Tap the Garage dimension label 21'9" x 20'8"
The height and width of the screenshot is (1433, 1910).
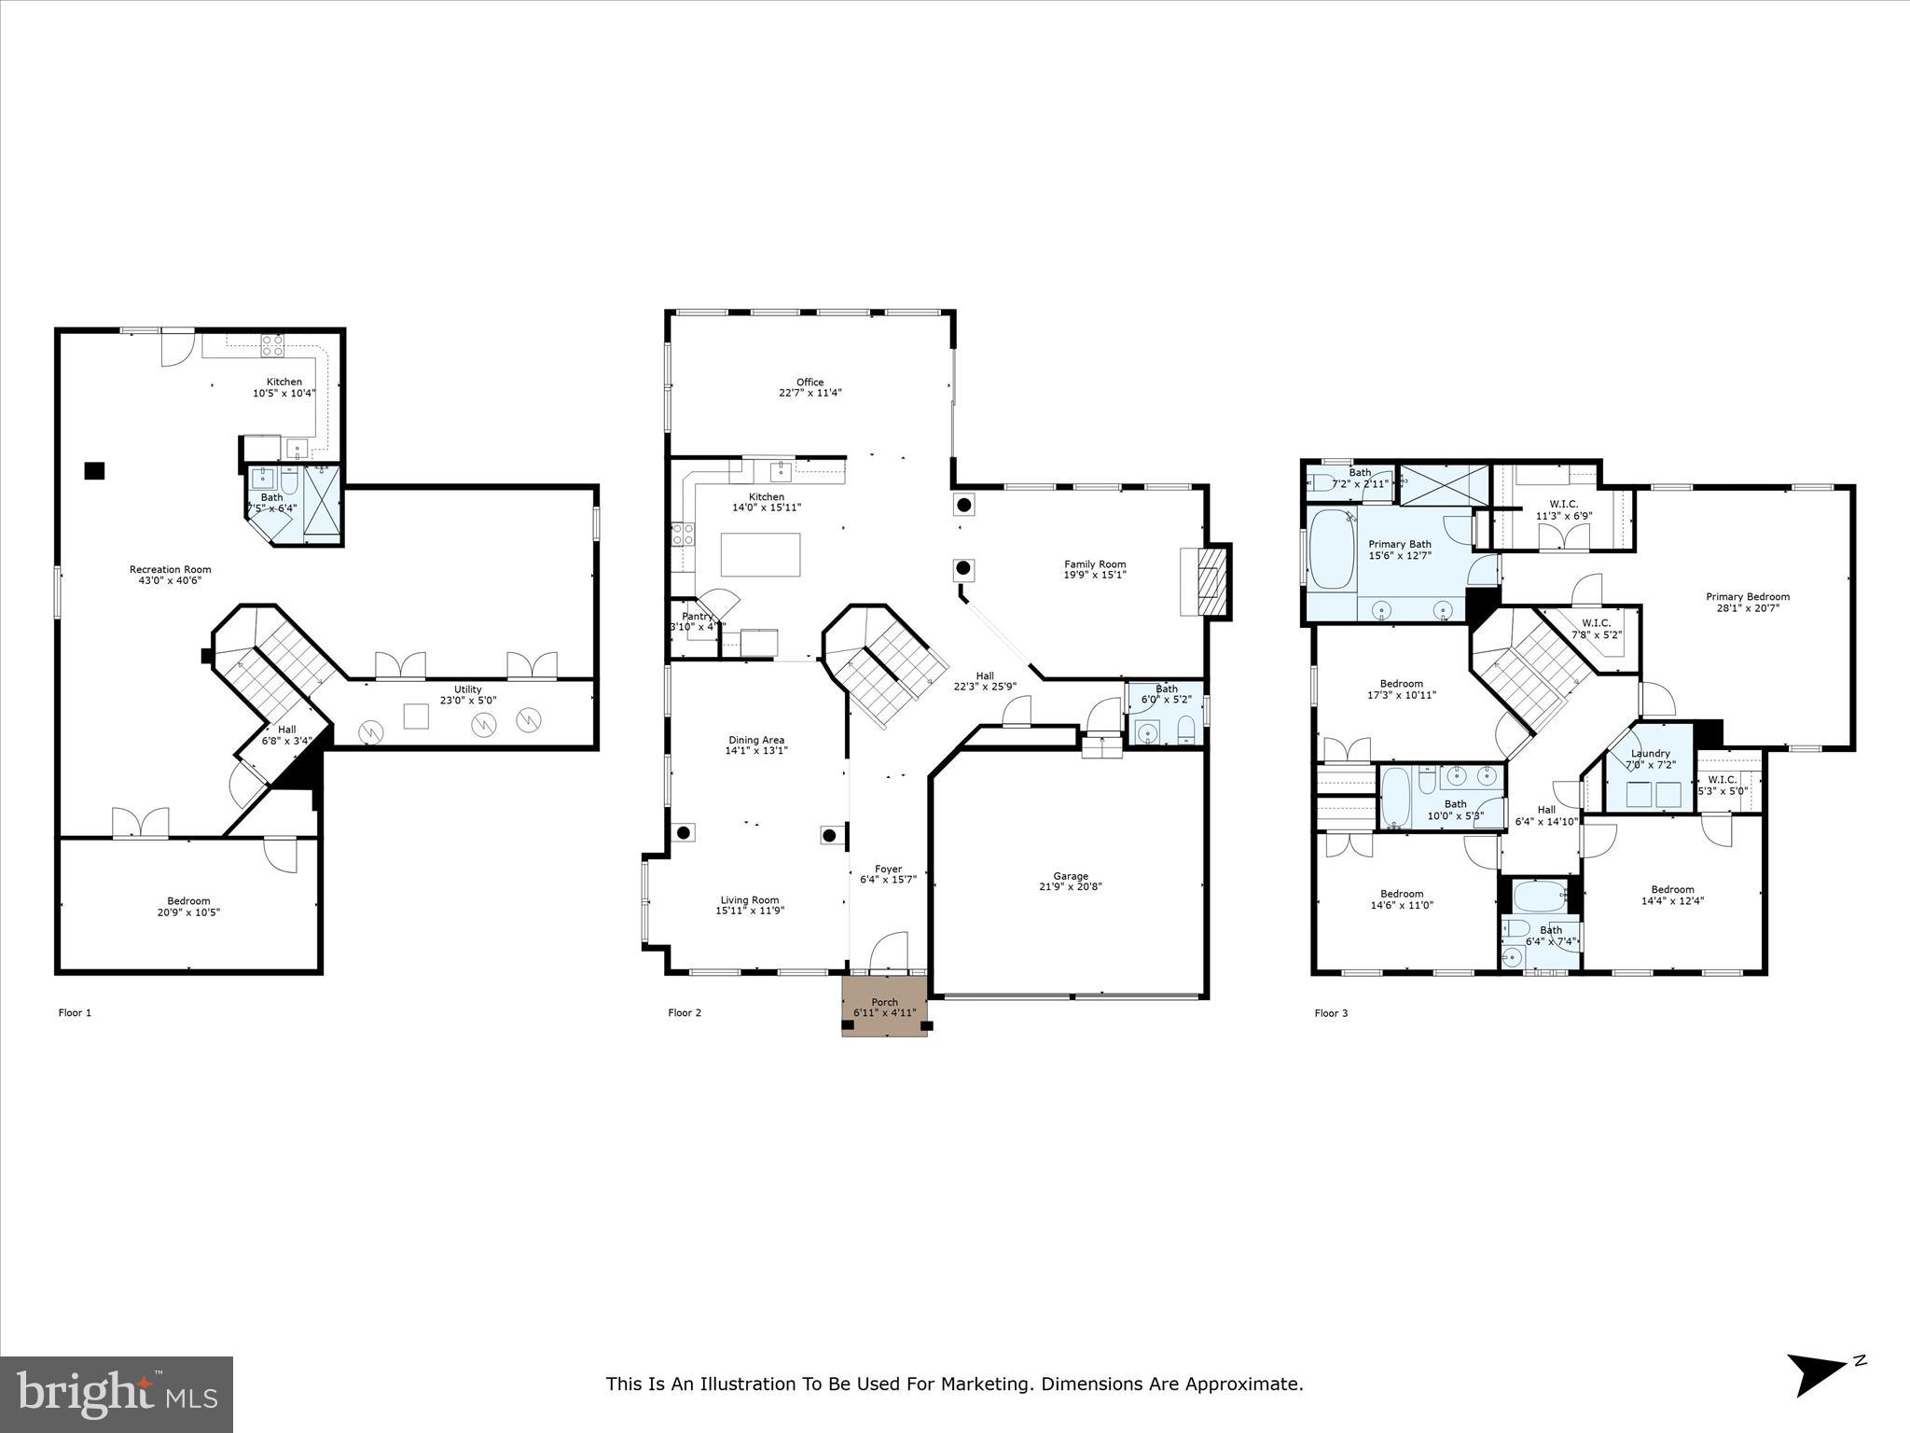[x=1071, y=887]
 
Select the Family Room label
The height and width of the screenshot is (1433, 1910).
[x=1095, y=563]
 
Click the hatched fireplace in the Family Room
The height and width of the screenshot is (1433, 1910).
[x=1210, y=581]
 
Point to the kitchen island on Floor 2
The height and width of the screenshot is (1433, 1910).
[x=760, y=554]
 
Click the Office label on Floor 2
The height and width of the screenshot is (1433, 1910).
[x=810, y=382]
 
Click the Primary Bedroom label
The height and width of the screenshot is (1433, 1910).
[x=1747, y=597]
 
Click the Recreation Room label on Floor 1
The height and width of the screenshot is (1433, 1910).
[x=170, y=569]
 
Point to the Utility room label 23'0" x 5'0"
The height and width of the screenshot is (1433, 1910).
[x=467, y=700]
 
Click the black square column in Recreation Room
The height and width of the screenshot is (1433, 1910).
[x=94, y=471]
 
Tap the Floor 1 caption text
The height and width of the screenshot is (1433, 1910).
[x=75, y=1012]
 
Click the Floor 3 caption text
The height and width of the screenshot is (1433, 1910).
[x=1330, y=1013]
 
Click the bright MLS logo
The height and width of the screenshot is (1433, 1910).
[x=117, y=1394]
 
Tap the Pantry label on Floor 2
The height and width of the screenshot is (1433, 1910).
[x=697, y=616]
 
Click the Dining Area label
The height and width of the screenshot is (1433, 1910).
[x=755, y=740]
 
